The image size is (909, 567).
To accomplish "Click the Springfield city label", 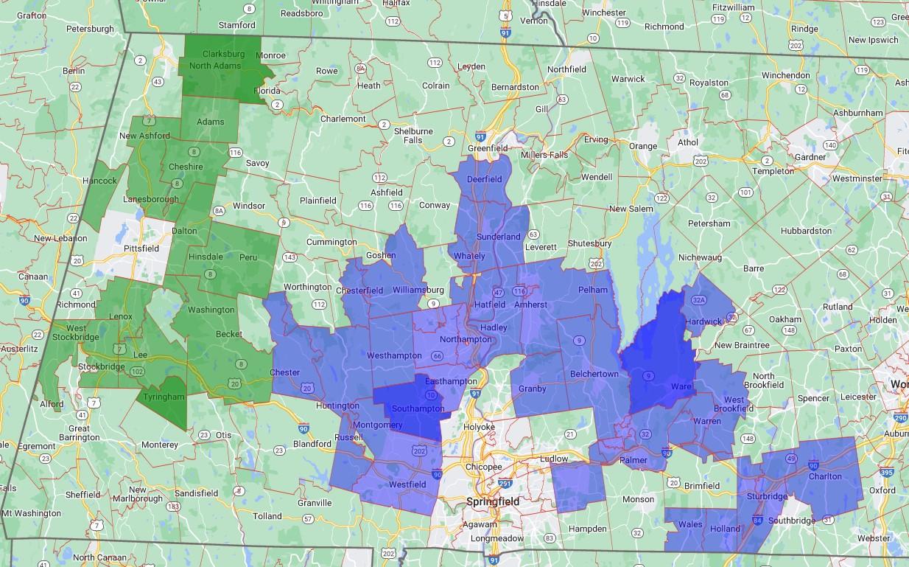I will (492, 502).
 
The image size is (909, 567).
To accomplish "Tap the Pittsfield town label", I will (141, 248).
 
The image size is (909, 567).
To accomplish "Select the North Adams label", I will (215, 66).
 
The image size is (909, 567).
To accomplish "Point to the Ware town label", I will (681, 386).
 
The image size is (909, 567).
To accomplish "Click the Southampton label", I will (418, 408).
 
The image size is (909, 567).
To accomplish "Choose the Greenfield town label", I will (488, 148).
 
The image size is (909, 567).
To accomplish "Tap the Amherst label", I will (530, 305).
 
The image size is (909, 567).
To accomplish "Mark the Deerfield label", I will (485, 179).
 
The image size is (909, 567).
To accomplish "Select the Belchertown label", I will (594, 374).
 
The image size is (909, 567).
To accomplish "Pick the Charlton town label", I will (825, 476).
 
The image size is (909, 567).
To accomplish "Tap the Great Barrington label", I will (79, 433).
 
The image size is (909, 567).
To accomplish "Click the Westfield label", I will (407, 484).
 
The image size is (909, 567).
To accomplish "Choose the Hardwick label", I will (703, 321).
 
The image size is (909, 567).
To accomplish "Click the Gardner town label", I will (810, 157).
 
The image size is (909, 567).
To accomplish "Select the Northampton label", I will (465, 340).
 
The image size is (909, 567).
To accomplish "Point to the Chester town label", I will (285, 372).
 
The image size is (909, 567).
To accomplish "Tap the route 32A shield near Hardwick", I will (699, 299).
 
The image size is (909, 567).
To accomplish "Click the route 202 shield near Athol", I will (700, 161).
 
